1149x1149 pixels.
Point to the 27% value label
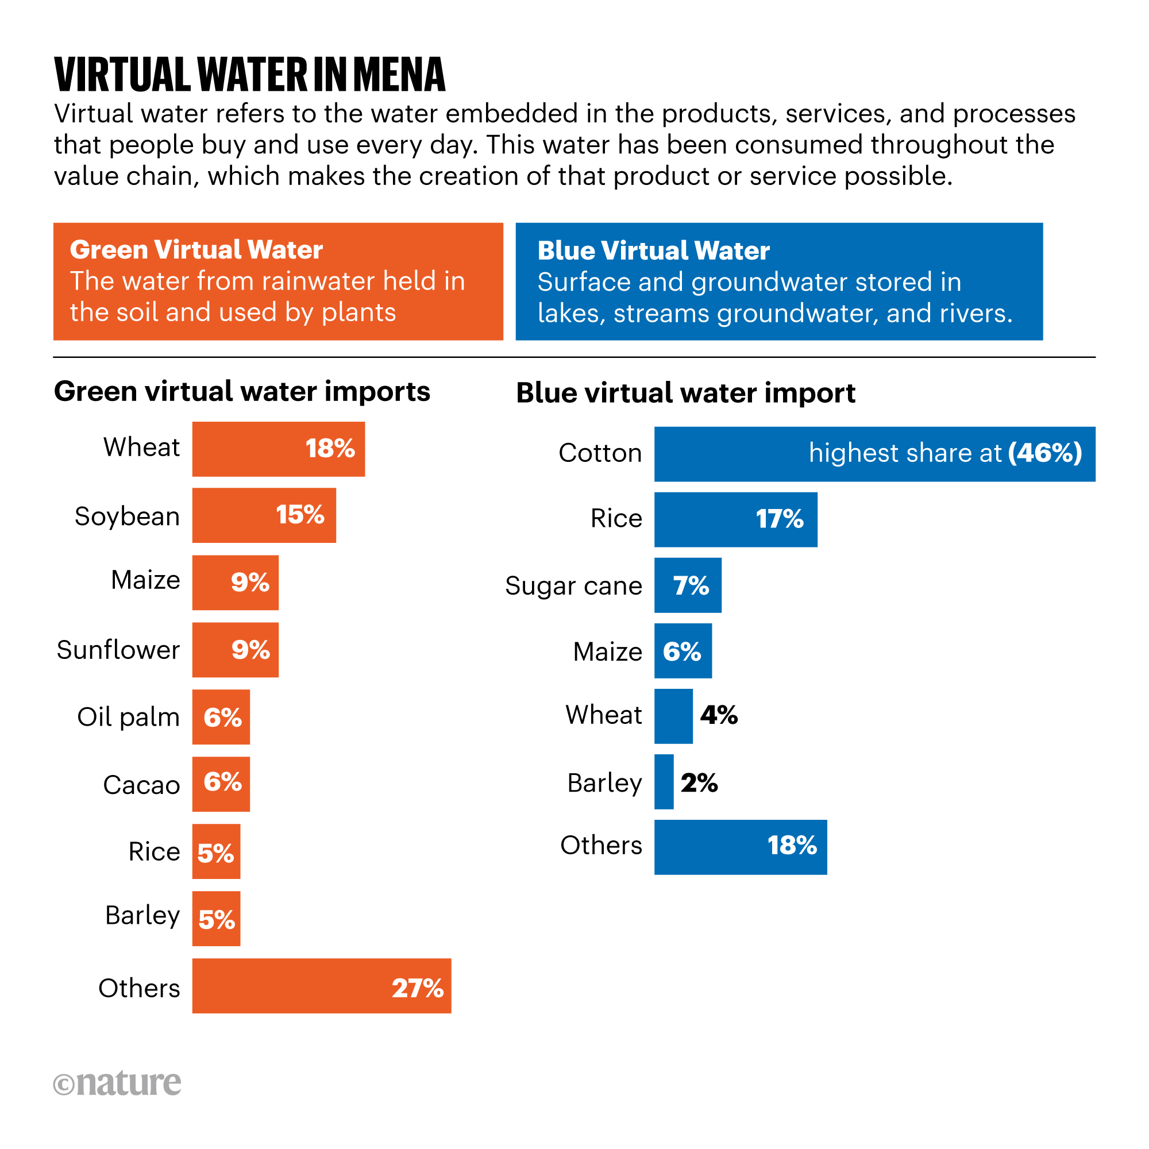[418, 988]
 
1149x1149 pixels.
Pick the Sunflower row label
[118, 649]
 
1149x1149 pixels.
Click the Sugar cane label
[573, 586]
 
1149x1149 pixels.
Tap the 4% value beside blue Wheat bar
[719, 715]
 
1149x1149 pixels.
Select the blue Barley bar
[664, 782]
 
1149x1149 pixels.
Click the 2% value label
[699, 782]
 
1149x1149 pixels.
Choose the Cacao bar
[221, 784]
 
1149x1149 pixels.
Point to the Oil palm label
[129, 716]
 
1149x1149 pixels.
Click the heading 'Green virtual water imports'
[242, 391]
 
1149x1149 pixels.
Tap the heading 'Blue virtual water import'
[685, 393]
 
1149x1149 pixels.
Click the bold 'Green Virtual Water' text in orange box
[196, 250]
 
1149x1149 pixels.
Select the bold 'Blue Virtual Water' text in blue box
[653, 251]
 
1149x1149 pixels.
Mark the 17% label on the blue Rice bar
[779, 519]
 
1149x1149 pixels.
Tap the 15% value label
[300, 515]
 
